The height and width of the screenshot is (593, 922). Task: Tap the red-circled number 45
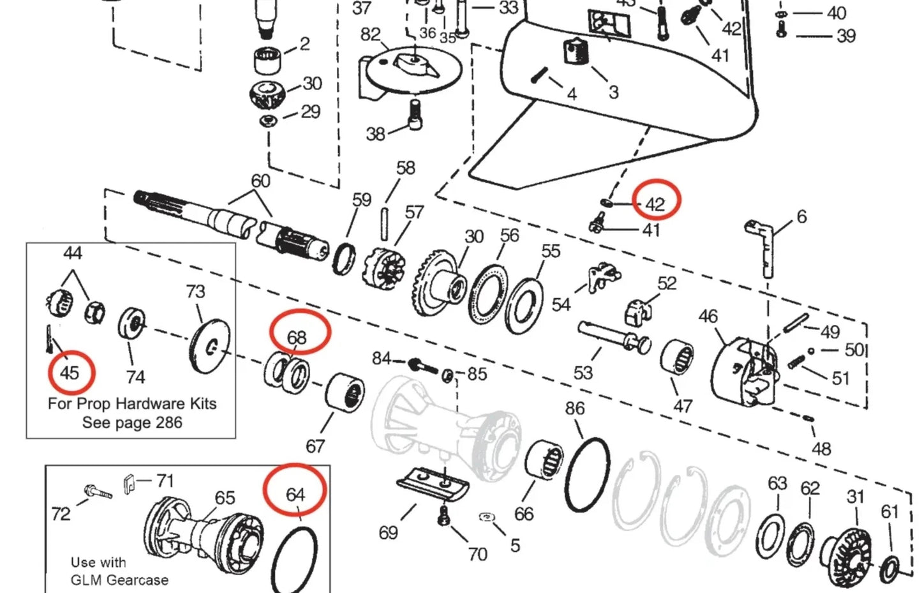(70, 372)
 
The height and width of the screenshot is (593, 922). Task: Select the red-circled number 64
(295, 494)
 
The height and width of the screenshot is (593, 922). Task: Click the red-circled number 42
(655, 204)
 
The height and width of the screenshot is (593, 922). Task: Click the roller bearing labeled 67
(345, 394)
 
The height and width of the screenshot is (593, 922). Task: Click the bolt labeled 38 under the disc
(415, 115)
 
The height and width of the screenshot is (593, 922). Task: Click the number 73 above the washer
(195, 292)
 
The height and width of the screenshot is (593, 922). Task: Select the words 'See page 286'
(132, 423)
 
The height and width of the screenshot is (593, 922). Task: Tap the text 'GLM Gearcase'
(119, 580)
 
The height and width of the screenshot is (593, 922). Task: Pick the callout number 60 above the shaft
(260, 181)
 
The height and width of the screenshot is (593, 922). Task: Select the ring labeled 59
(345, 259)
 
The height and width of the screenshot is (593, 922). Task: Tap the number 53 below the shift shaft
(583, 372)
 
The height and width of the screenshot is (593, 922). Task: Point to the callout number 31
(856, 497)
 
